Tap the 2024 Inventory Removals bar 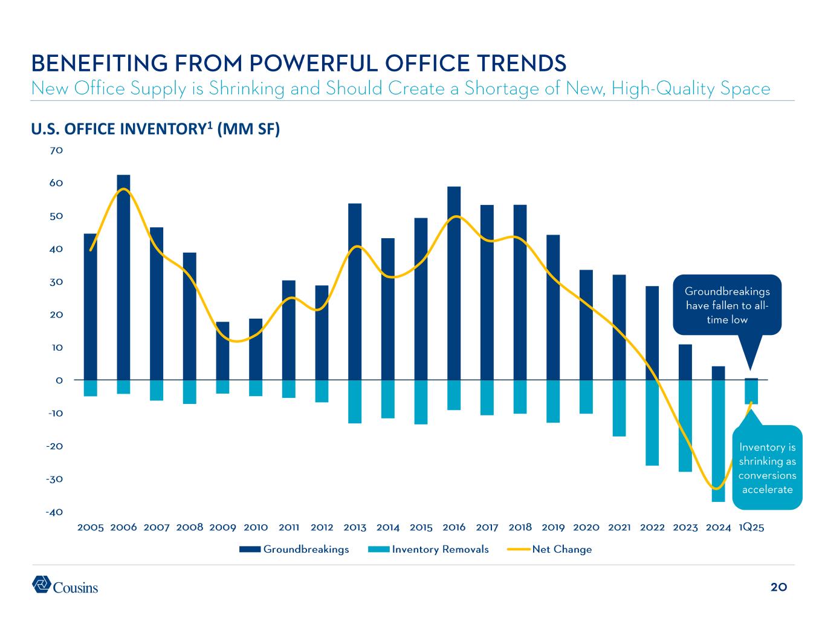coord(718,441)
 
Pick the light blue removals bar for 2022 coord(652,423)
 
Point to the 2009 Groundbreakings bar coord(222,351)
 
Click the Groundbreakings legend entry coord(294,550)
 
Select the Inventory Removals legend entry coord(428,550)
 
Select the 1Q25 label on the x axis coord(751,527)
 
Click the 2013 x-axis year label coord(355,527)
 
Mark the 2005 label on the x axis coord(91,527)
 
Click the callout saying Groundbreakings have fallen coord(727,305)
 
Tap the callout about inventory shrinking coord(767,467)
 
